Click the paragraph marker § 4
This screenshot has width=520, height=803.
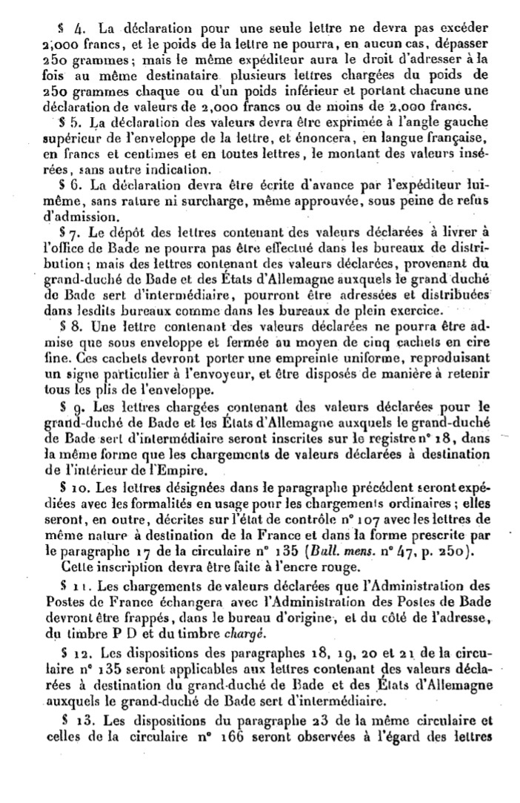[x=79, y=30]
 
